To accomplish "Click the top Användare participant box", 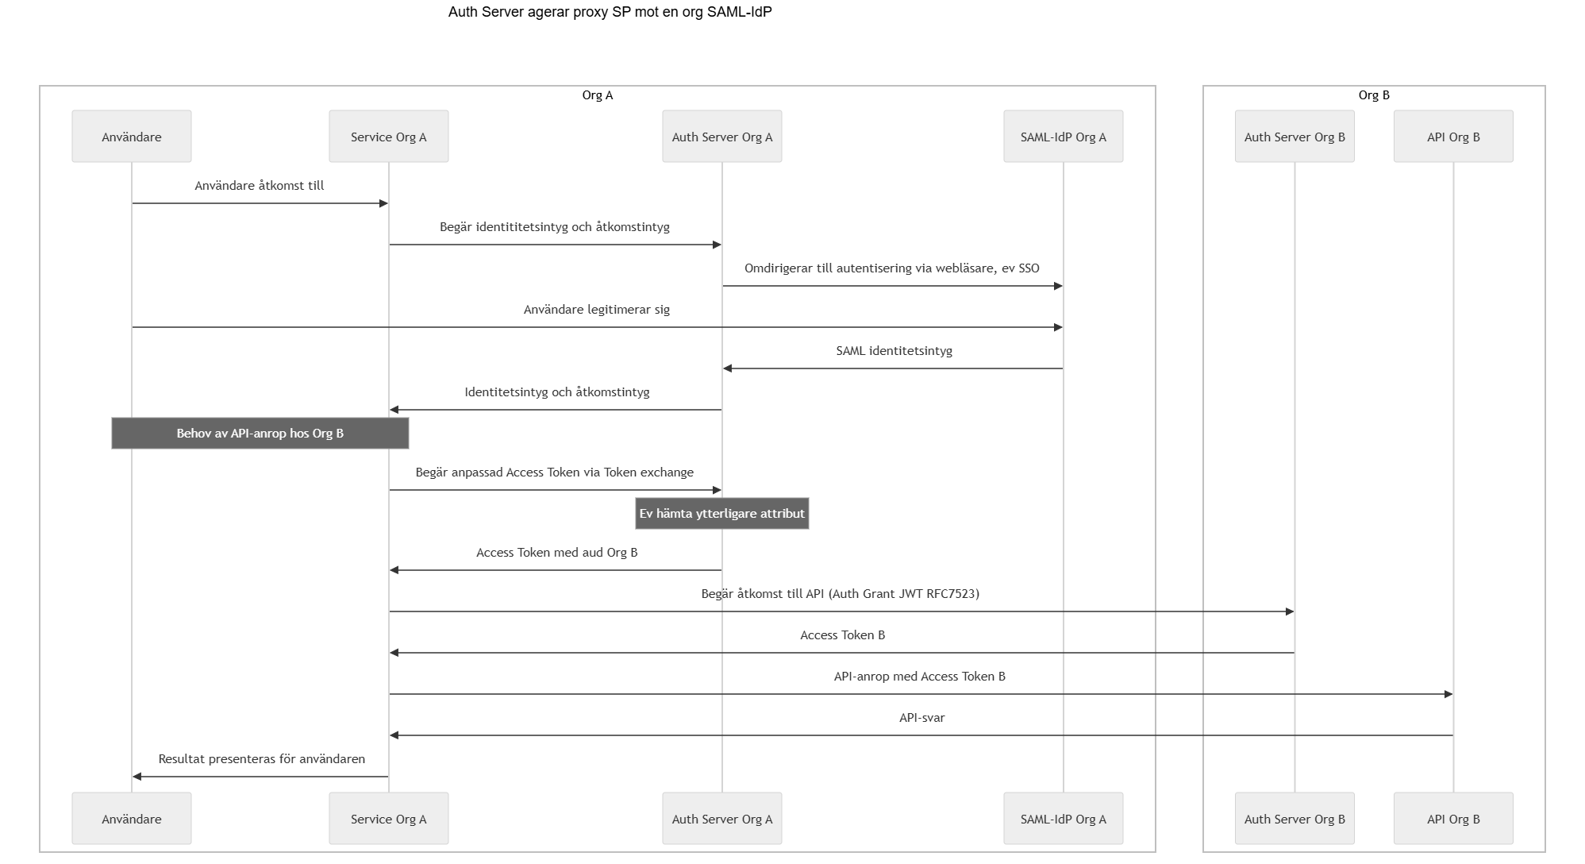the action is point(132,137).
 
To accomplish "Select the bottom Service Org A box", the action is point(389,819).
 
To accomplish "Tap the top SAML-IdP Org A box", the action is point(1064,137).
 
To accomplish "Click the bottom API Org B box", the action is point(1453,819).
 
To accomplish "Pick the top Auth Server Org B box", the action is point(1295,137).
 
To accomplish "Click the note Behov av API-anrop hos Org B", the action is point(260,434).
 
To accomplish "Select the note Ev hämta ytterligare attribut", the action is point(722,514).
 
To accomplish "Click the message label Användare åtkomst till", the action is point(260,186).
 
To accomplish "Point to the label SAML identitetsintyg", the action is point(894,351).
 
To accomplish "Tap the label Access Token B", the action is point(842,635).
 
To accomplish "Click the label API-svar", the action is point(921,718).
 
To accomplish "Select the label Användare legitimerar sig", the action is point(597,310).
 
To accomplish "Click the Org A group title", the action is point(598,95).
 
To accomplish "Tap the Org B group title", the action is point(1374,95).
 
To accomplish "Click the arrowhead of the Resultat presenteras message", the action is point(137,777).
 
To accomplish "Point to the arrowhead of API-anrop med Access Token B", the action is point(1448,694).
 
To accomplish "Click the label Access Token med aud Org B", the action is point(557,553).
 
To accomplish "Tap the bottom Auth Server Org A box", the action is point(722,819).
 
